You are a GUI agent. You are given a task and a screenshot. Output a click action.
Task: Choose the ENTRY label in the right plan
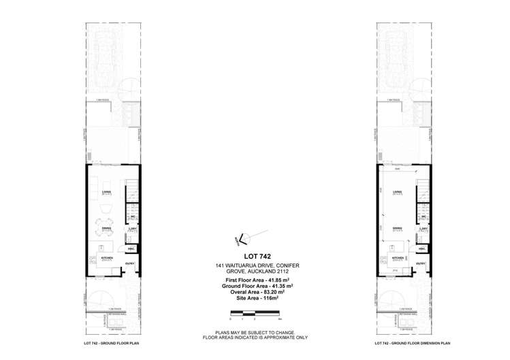pos(421,263)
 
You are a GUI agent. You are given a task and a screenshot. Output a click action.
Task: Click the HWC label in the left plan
pos(131,250)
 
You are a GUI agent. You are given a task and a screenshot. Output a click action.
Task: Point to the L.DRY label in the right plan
pos(423,228)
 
